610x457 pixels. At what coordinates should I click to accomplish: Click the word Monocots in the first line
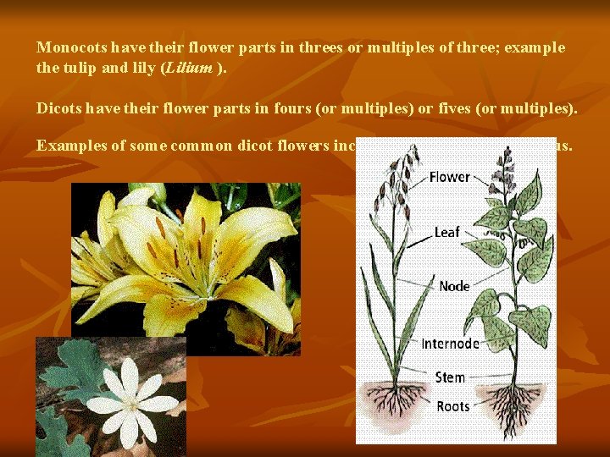point(69,47)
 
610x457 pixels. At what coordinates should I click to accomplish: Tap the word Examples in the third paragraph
point(69,146)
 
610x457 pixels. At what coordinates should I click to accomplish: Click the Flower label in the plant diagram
point(449,177)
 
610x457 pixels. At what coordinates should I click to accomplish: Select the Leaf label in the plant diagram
point(447,231)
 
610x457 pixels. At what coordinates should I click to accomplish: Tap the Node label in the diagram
point(454,286)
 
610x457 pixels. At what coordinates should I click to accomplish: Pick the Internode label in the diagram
point(450,344)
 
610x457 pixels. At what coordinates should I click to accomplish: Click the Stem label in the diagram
point(450,377)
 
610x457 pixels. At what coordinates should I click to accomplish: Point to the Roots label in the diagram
point(453,407)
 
